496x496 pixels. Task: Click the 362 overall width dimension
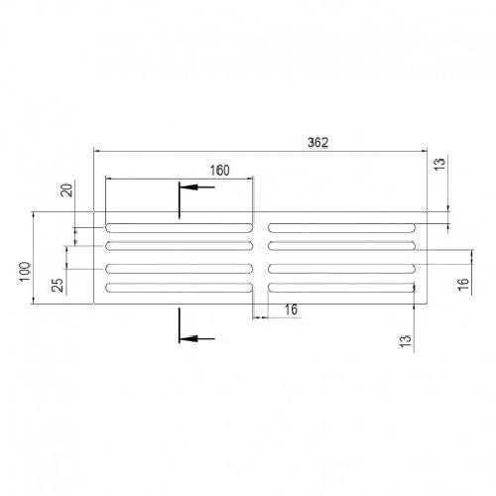(x=318, y=143)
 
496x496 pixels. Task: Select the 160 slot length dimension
(x=220, y=171)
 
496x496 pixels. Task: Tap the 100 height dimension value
(x=25, y=272)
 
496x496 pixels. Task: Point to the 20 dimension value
(x=67, y=189)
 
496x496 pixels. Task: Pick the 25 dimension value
(x=58, y=285)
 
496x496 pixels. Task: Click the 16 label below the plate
(x=291, y=310)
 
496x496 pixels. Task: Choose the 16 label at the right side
(x=463, y=285)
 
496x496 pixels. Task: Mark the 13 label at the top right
(x=439, y=165)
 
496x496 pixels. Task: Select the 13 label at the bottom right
(x=405, y=341)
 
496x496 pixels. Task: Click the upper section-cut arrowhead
(x=188, y=187)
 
